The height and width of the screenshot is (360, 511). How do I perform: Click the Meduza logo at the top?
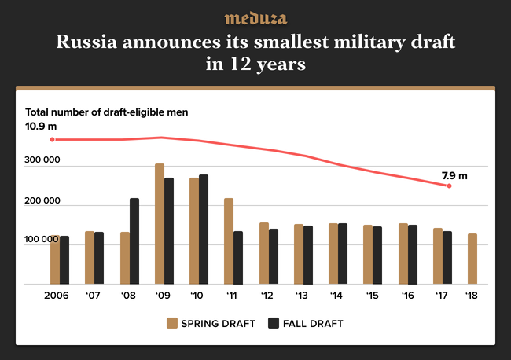256,18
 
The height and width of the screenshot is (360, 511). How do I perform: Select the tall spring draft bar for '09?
160,224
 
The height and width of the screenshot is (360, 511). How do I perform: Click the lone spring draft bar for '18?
472,259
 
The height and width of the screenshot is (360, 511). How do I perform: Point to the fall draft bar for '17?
447,258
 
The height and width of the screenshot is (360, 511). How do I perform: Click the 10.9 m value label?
41,126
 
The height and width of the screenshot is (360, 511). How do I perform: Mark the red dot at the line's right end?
449,186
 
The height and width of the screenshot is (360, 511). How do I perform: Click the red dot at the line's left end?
53,140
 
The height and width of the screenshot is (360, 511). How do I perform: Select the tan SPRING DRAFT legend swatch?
171,323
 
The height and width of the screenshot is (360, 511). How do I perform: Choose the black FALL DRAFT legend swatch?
274,323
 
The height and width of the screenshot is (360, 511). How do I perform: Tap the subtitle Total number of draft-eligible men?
107,112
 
